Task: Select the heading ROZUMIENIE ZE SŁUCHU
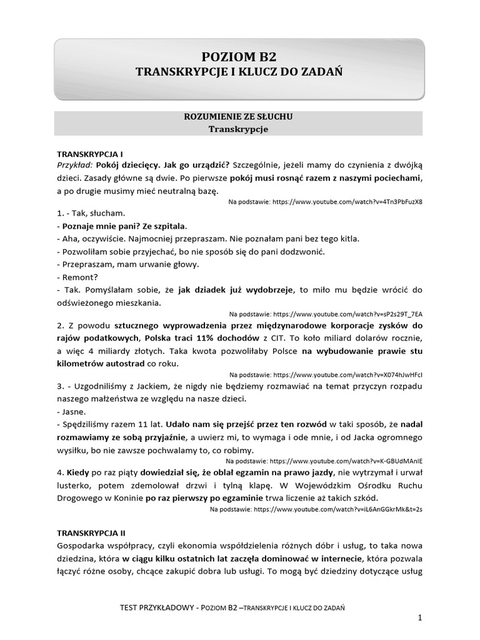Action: pos(237,117)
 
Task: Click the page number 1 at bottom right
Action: pos(421,618)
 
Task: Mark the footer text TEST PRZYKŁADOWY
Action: pos(156,607)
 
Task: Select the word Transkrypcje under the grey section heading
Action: pos(237,129)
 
